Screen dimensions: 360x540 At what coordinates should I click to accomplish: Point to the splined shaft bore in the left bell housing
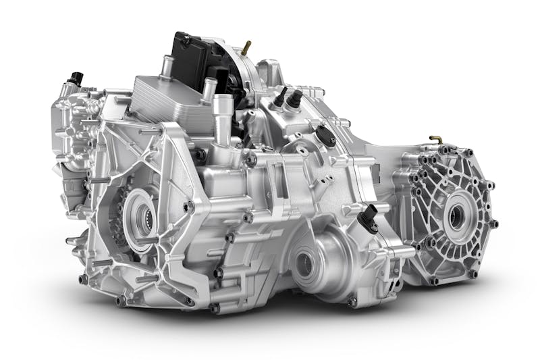pos(144,217)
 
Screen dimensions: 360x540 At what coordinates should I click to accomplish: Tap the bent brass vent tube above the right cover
pos(436,140)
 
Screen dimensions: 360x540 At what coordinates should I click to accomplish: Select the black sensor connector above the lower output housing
pos(369,218)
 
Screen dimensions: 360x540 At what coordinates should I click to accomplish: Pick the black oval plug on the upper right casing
pos(326,134)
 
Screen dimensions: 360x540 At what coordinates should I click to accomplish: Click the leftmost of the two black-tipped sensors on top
pos(279,96)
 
